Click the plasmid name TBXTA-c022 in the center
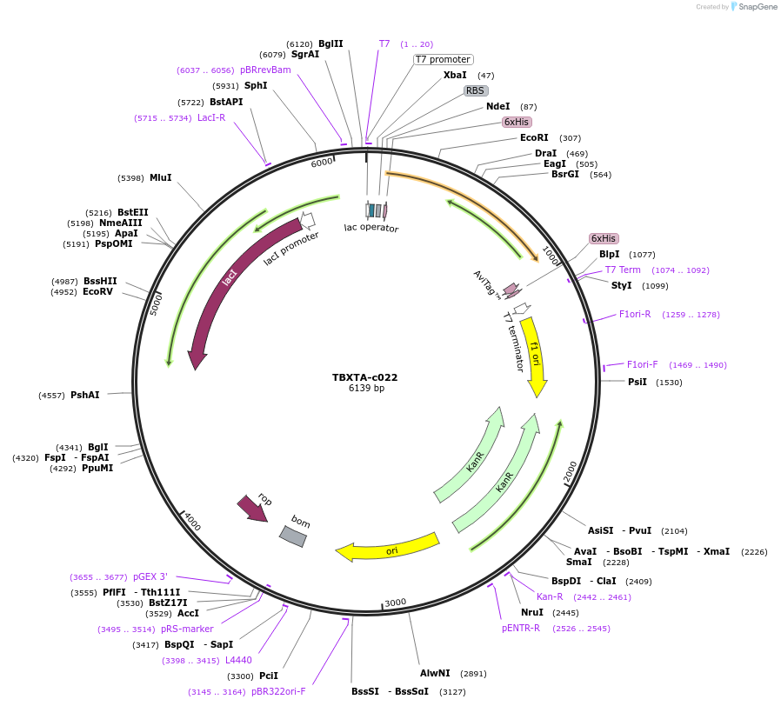coord(364,377)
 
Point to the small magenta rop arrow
coord(252,508)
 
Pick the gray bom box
coord(292,536)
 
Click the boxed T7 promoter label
coord(443,60)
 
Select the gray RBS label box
coord(475,90)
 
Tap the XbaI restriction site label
coord(455,76)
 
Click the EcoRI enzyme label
coord(534,137)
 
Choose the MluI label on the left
coord(161,177)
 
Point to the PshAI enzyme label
coord(85,395)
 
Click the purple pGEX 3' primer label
coord(150,576)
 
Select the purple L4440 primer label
coord(238,660)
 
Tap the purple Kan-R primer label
coord(550,596)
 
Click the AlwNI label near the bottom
coord(435,673)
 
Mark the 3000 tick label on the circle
coord(396,603)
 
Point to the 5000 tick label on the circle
coord(157,303)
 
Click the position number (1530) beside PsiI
coord(669,382)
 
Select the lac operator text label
coord(371,228)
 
